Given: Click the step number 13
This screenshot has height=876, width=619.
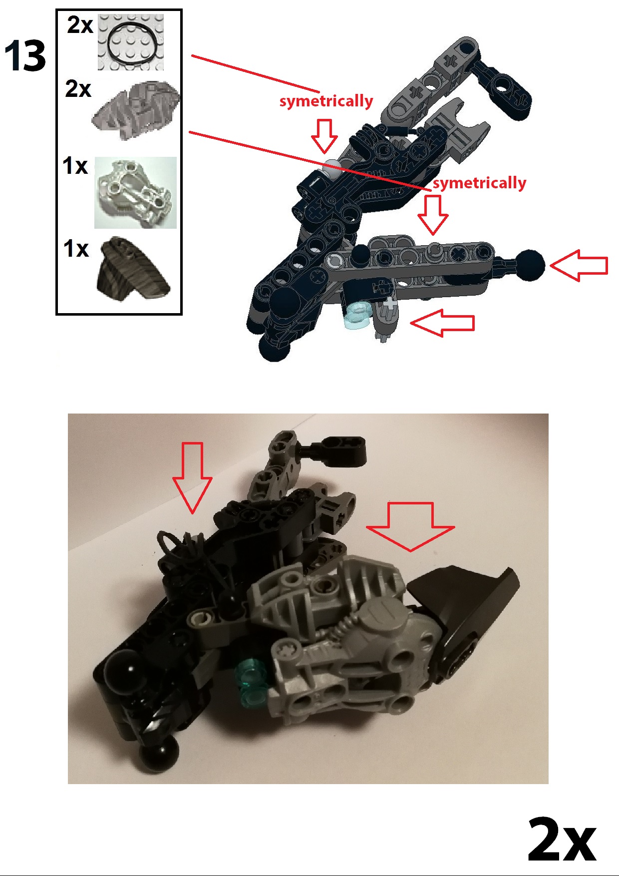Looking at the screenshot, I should (x=25, y=56).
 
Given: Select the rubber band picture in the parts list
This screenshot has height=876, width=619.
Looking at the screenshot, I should (x=131, y=43).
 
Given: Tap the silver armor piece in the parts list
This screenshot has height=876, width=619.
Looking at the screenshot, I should (x=135, y=193).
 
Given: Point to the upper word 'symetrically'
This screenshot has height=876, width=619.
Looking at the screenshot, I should (x=326, y=101).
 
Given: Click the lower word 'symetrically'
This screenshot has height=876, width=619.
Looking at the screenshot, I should (x=479, y=183).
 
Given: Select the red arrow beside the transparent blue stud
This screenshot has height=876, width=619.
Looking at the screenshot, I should (x=442, y=323).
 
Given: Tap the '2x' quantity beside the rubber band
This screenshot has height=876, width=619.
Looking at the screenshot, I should (x=80, y=25).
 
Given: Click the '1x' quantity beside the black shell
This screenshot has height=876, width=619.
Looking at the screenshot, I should (x=76, y=248).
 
